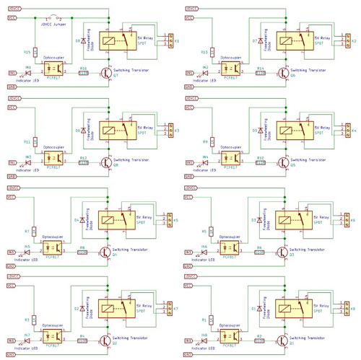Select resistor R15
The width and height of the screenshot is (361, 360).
coord(35,53)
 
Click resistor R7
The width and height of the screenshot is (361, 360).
coord(35,231)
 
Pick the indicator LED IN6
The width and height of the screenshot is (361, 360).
coord(206,251)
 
